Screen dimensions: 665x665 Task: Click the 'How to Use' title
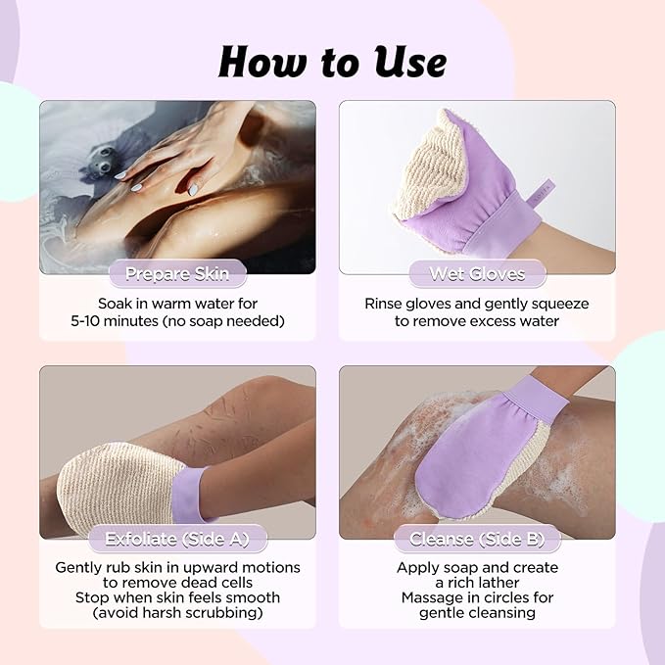click(332, 62)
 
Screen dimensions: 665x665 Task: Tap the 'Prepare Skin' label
click(177, 274)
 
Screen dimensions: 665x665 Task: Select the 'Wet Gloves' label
click(477, 274)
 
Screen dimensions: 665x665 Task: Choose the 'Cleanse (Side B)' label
click(477, 540)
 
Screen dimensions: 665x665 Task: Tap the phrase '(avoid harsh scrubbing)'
click(177, 613)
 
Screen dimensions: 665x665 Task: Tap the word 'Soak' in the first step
click(116, 304)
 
